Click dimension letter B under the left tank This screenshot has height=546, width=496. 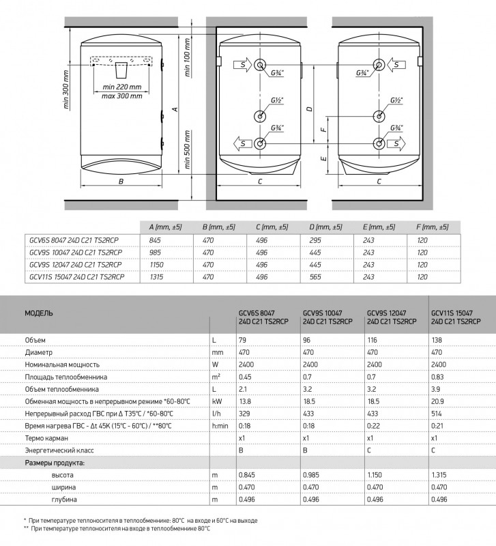coord(120,182)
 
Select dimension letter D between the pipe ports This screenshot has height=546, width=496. coord(309,109)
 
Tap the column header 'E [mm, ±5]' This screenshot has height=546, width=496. coord(379,227)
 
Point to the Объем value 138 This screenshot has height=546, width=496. coord(437,339)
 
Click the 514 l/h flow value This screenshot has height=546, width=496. coord(437,413)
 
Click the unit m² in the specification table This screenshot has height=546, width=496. coord(216,376)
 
